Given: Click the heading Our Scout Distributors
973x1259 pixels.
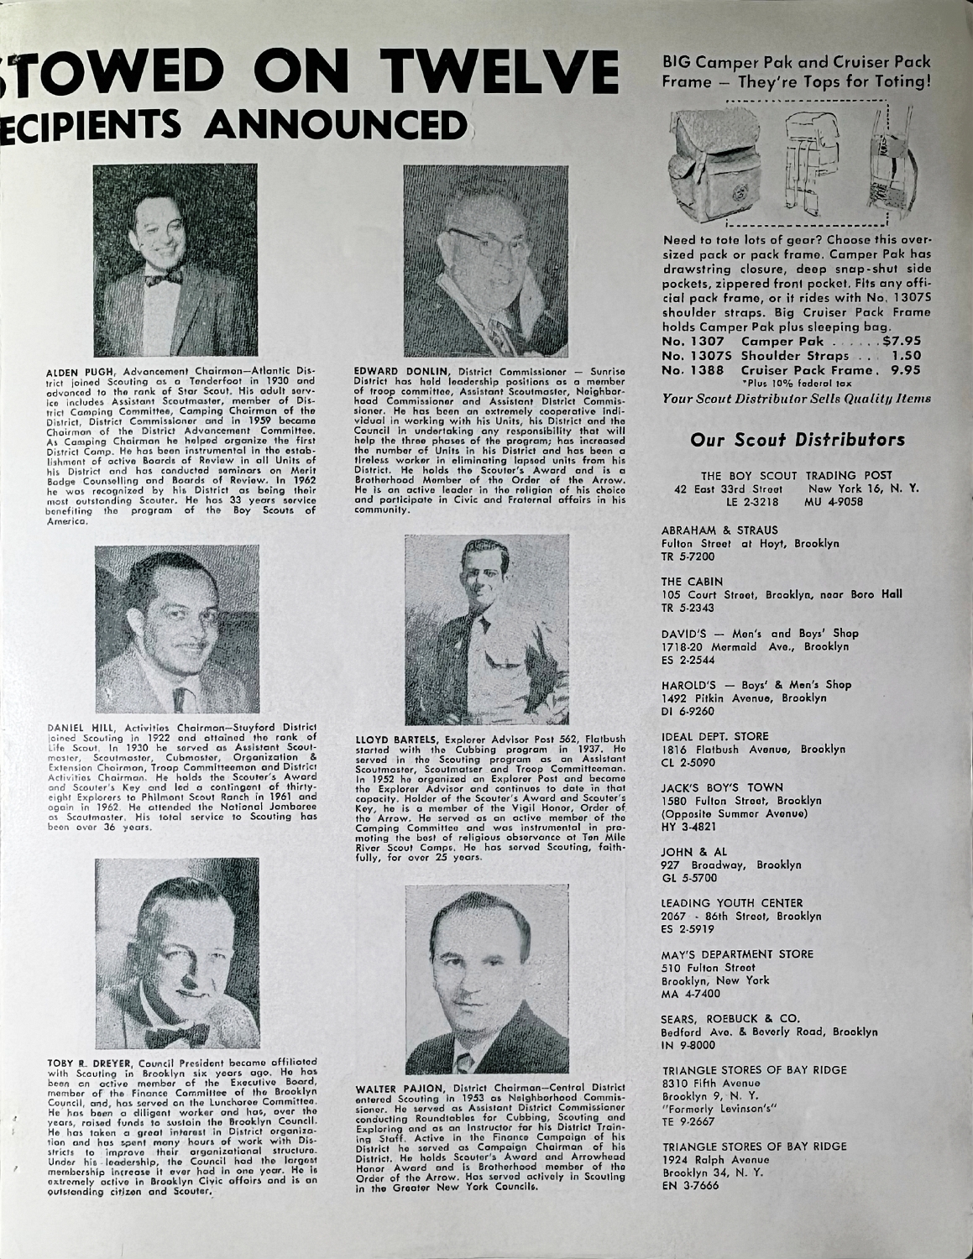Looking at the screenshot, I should pyautogui.click(x=797, y=439).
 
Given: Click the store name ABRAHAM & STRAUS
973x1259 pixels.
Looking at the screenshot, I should pyautogui.click(x=707, y=530).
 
